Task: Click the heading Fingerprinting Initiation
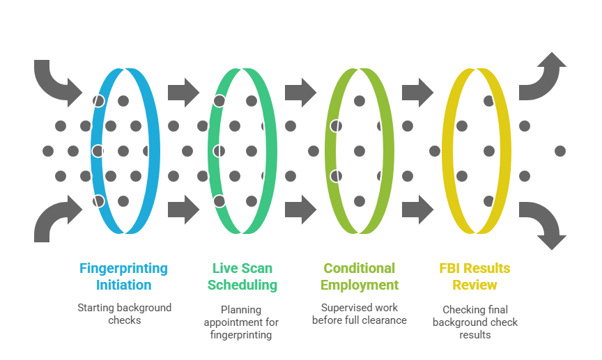click(x=124, y=276)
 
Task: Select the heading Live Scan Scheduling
click(x=242, y=276)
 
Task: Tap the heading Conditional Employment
click(x=359, y=276)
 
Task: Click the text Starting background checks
click(x=124, y=313)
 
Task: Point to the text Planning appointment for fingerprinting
click(x=241, y=322)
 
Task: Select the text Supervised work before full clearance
click(x=359, y=313)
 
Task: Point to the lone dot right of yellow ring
click(x=559, y=150)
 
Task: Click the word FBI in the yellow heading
click(x=449, y=268)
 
